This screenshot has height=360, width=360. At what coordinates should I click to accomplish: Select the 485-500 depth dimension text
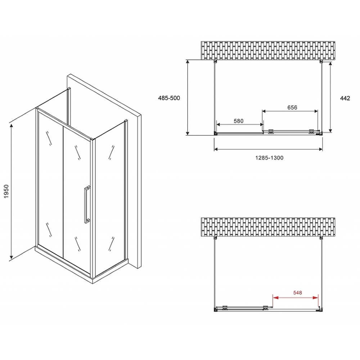tap(169, 98)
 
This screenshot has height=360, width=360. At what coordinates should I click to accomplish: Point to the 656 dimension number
tap(292, 108)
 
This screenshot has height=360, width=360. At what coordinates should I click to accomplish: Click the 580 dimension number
tap(239, 121)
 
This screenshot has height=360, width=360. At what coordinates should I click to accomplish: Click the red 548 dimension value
tap(297, 293)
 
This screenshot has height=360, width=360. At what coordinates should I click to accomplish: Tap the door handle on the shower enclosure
tap(87, 205)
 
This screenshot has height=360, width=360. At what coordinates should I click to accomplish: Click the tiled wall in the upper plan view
tap(268, 50)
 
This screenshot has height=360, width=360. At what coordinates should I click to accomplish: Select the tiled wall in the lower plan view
tap(268, 227)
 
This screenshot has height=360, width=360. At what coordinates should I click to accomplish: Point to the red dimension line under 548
tap(296, 298)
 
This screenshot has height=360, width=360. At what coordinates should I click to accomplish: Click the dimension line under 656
tap(290, 112)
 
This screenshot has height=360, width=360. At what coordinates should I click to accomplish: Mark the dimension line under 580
tap(239, 125)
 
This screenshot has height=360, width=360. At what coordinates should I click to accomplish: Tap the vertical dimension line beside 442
tap(330, 97)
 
